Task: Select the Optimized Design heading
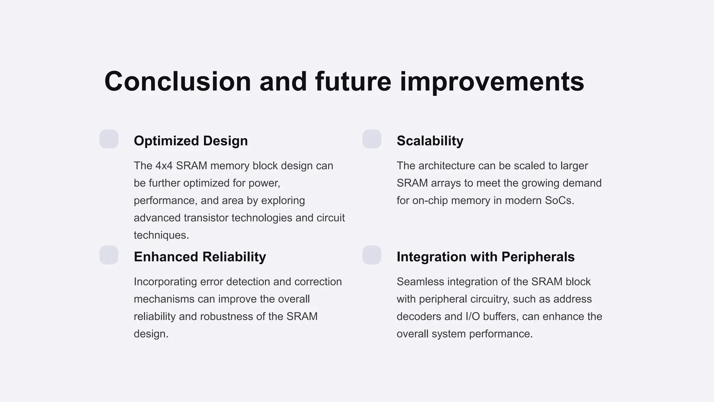click(x=191, y=141)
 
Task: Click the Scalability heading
click(x=430, y=141)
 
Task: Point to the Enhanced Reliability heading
click(x=200, y=257)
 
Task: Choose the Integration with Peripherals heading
click(x=485, y=257)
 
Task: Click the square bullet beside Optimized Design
click(x=109, y=139)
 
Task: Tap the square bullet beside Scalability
click(x=372, y=139)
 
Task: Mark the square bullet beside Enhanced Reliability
click(x=109, y=255)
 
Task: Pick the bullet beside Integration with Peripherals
click(x=372, y=255)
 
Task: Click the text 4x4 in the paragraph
click(x=164, y=166)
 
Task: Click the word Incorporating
click(x=165, y=282)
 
